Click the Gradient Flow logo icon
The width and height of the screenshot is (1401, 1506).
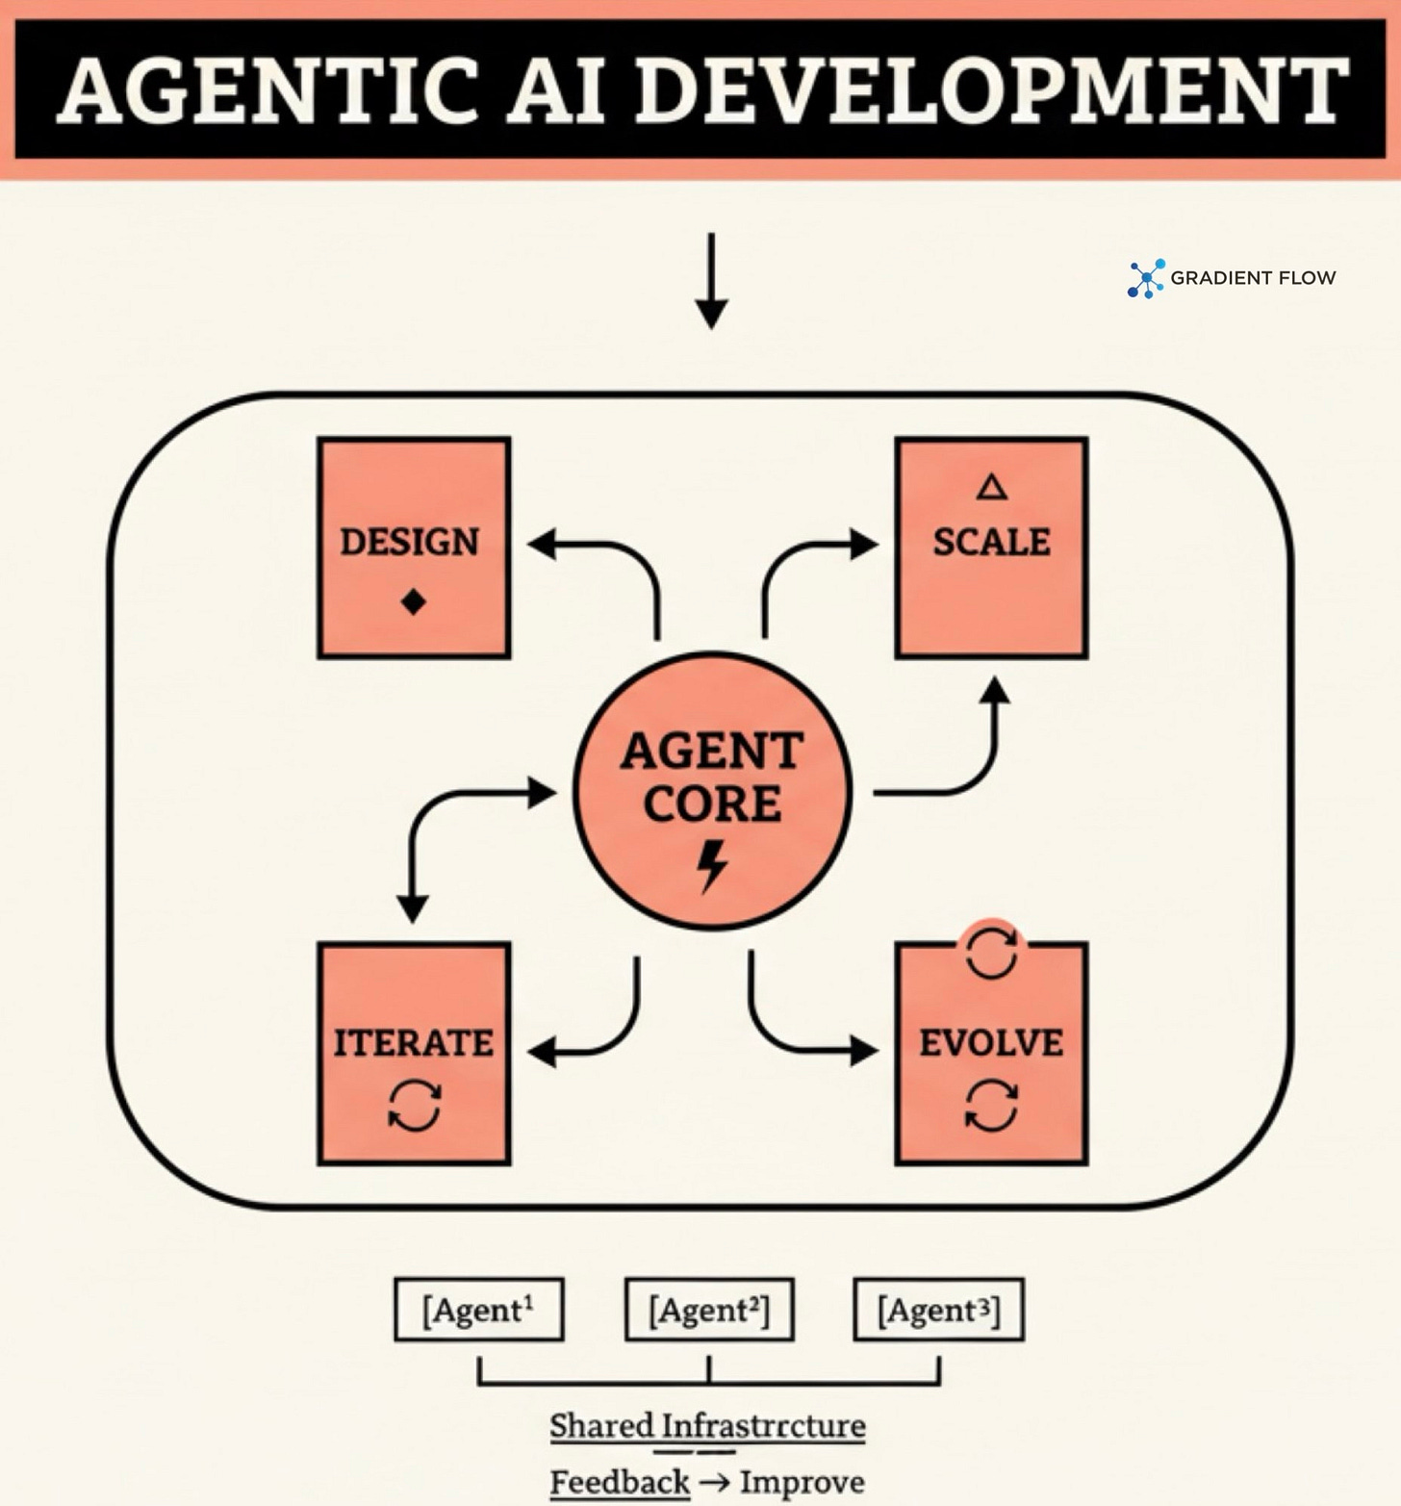(1146, 278)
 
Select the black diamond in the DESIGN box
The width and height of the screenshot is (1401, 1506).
(414, 602)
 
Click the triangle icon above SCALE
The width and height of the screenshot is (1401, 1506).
(992, 487)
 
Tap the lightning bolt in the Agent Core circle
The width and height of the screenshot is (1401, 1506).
(712, 865)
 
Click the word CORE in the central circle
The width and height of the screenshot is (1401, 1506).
(712, 804)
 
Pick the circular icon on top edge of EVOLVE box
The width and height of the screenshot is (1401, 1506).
(991, 952)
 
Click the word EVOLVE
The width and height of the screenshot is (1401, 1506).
(991, 1043)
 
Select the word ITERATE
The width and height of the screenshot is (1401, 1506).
(414, 1043)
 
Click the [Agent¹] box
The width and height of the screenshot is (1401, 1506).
(479, 1310)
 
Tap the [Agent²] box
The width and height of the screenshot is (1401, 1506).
(709, 1310)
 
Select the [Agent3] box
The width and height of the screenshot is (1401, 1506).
(939, 1310)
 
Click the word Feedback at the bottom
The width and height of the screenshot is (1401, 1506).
(620, 1482)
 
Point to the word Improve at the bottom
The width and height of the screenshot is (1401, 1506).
(802, 1482)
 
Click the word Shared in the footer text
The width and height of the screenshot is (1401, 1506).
(600, 1425)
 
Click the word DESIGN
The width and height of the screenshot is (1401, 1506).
(410, 542)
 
